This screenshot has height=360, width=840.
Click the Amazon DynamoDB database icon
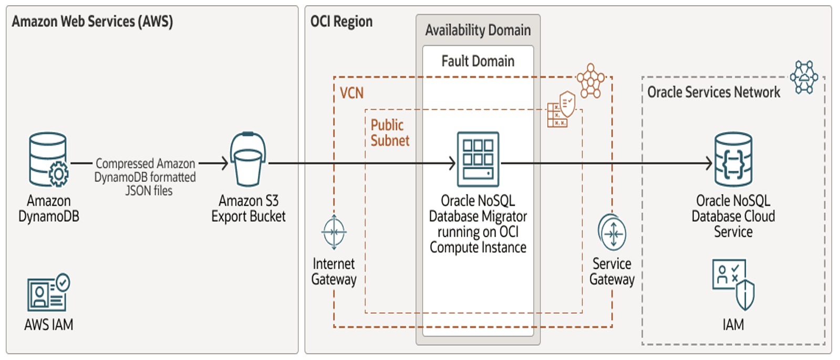point(48,159)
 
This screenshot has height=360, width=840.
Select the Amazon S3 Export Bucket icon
point(248,159)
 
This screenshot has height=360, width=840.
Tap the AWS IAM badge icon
point(48,292)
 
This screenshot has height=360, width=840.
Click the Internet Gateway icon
point(334,232)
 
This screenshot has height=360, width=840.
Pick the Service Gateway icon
point(612,232)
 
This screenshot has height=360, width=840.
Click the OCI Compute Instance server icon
point(478,159)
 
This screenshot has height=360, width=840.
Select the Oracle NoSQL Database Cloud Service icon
point(733,159)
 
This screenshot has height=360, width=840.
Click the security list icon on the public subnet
point(561,109)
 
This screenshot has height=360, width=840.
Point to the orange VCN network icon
point(591,80)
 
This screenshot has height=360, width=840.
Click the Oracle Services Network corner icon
point(804,77)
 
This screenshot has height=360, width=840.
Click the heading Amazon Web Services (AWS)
point(92,22)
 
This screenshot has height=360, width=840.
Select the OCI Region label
point(341,22)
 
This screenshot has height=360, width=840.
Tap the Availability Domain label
point(478,30)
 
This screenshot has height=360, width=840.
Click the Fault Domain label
point(478,61)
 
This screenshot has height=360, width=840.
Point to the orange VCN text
point(351,93)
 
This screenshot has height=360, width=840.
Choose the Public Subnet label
point(390,132)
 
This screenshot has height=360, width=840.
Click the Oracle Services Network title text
point(713,92)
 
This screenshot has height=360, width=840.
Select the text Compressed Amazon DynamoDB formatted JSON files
point(146,177)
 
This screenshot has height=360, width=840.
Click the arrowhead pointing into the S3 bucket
point(224,163)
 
